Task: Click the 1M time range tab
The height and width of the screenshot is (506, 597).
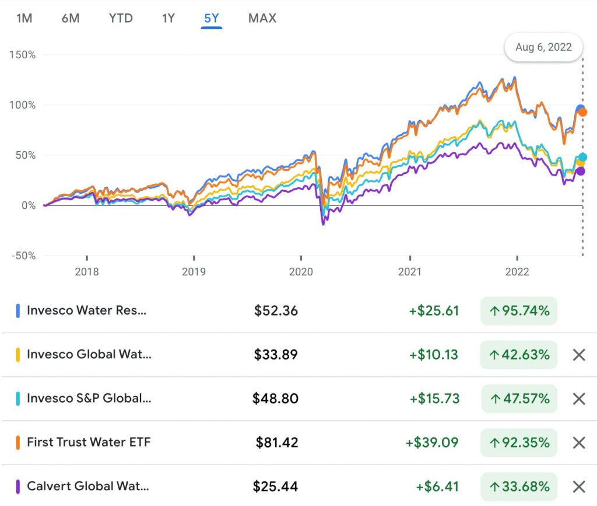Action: pos(24,18)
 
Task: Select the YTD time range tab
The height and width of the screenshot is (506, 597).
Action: pos(121,18)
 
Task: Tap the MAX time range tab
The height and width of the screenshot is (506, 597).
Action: pos(262,18)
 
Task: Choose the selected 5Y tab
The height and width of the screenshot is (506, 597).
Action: pos(211,18)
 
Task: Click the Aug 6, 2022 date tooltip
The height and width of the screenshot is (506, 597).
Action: pos(543,47)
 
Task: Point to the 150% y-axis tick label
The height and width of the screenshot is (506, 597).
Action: pos(22,55)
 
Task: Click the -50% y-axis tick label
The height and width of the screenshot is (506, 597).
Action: pos(22,256)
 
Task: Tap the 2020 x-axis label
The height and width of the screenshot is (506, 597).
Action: pos(301,271)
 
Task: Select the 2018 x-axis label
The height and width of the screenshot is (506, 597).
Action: pos(87,271)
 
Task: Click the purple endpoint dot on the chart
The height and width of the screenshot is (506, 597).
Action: pos(580,171)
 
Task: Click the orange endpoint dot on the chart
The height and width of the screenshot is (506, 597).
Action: pos(582,112)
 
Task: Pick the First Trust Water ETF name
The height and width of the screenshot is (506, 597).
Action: pos(89,442)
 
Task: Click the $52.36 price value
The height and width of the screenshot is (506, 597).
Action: pos(276,310)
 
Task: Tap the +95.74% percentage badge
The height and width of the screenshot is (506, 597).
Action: pos(519,310)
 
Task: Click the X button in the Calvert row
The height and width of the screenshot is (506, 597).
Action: pos(578,486)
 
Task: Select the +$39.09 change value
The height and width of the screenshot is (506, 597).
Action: pos(432,442)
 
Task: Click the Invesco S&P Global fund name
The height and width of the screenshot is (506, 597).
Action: pos(85,399)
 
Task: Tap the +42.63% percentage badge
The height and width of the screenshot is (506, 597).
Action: pos(519,354)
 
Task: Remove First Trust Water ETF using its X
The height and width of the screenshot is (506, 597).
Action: pos(578,442)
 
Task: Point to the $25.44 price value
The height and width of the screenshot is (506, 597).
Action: pos(276,486)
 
